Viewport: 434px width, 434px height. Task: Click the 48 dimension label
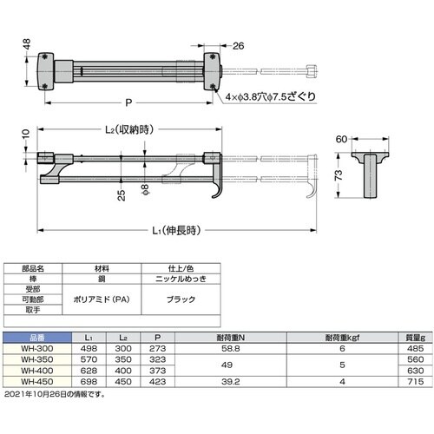click(26, 44)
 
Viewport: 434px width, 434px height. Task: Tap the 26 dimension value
click(238, 46)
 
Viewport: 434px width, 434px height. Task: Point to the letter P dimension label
click(128, 102)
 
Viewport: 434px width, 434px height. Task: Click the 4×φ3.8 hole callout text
click(271, 96)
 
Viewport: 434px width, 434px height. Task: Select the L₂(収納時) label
click(128, 130)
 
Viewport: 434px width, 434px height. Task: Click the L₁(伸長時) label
click(176, 231)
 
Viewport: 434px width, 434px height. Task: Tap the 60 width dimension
click(341, 139)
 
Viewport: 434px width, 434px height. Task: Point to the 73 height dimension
click(339, 175)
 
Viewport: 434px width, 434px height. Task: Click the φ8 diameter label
click(145, 189)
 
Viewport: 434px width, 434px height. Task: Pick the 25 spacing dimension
click(122, 195)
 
